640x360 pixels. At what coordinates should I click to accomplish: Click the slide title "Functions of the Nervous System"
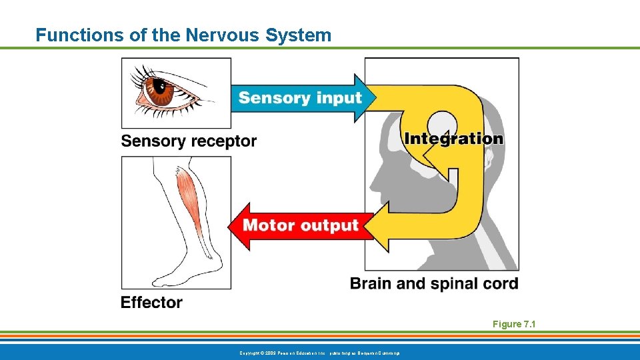(x=183, y=35)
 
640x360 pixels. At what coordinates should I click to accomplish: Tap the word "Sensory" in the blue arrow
(x=270, y=98)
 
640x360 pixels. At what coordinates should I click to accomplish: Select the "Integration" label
(x=453, y=139)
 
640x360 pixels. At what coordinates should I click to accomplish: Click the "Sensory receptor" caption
(x=189, y=141)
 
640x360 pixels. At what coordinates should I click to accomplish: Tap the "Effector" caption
(x=151, y=303)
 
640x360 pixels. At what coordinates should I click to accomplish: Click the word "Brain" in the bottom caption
(x=371, y=283)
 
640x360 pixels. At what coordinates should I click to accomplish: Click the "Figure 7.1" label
(x=514, y=324)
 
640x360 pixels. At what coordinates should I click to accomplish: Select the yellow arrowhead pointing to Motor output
(x=377, y=227)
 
